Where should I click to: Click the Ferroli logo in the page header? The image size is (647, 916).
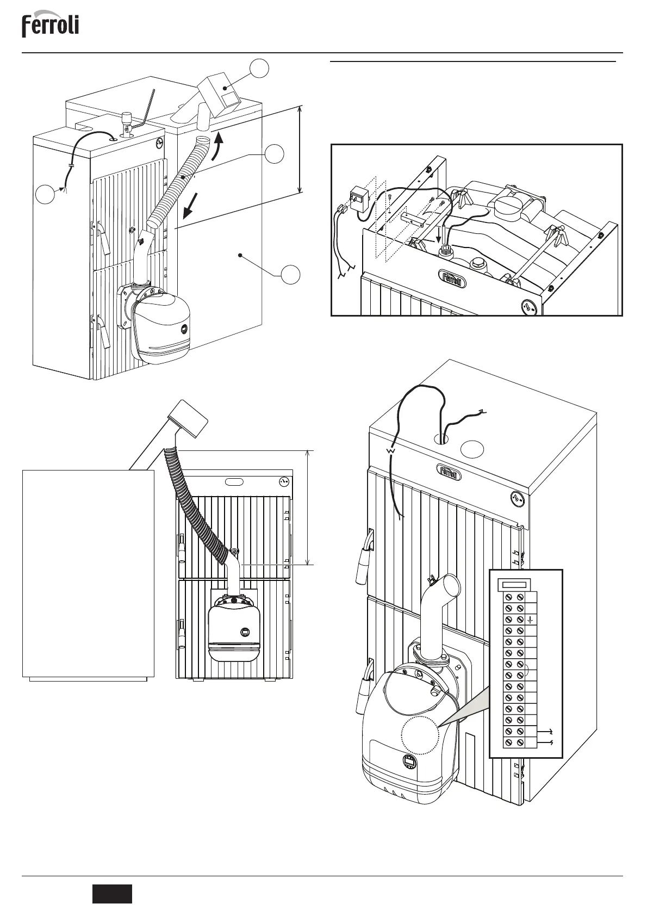50,26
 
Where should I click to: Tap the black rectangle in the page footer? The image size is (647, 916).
111,894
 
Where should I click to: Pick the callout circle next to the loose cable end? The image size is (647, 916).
46,194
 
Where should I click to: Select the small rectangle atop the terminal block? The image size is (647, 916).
514,585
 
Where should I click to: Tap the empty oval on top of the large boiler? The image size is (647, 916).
472,449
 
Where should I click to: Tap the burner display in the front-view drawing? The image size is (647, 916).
245,632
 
